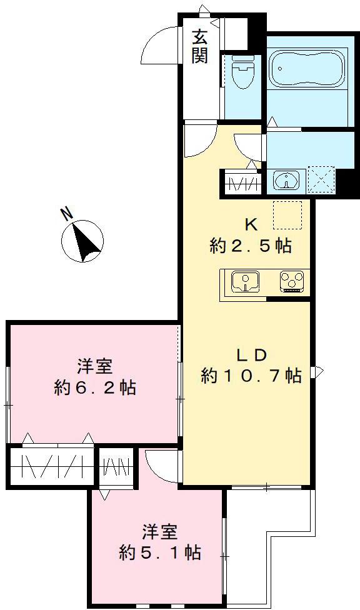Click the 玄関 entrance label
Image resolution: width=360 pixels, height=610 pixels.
pos(200,46)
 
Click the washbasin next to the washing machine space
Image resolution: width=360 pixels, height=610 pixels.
pos(287,180)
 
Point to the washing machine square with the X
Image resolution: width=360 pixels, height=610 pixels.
pos(321,180)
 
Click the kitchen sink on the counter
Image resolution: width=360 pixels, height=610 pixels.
pos(246,282)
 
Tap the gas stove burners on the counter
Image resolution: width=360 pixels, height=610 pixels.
pos(291,282)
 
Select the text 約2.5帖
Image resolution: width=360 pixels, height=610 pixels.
pos(251,246)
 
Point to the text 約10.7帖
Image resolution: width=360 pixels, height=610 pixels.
pos(251,376)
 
